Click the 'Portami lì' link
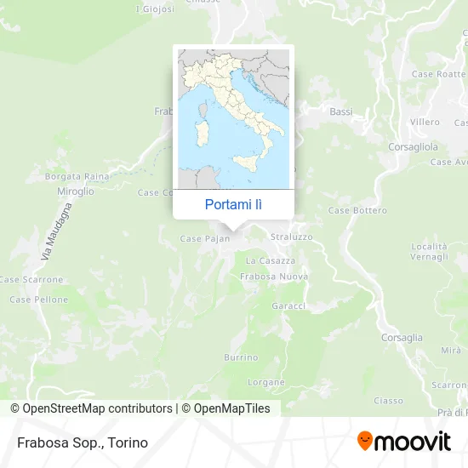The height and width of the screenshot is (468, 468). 233,204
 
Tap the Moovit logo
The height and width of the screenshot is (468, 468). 403,441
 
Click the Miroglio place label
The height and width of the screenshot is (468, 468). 77,191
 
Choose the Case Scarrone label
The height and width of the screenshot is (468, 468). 31,279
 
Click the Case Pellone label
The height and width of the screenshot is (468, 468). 38,300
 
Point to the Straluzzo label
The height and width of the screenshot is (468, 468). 291,236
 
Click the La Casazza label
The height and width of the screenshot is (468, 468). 271,260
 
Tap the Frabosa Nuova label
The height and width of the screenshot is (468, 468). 274,277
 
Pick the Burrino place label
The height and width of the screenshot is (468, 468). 241,357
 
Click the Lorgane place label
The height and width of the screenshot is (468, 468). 266,382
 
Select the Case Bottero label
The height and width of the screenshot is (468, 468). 357,210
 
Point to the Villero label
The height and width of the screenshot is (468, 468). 425,122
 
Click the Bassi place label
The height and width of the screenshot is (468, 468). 340,111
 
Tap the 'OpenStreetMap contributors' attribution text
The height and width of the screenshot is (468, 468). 97,408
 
